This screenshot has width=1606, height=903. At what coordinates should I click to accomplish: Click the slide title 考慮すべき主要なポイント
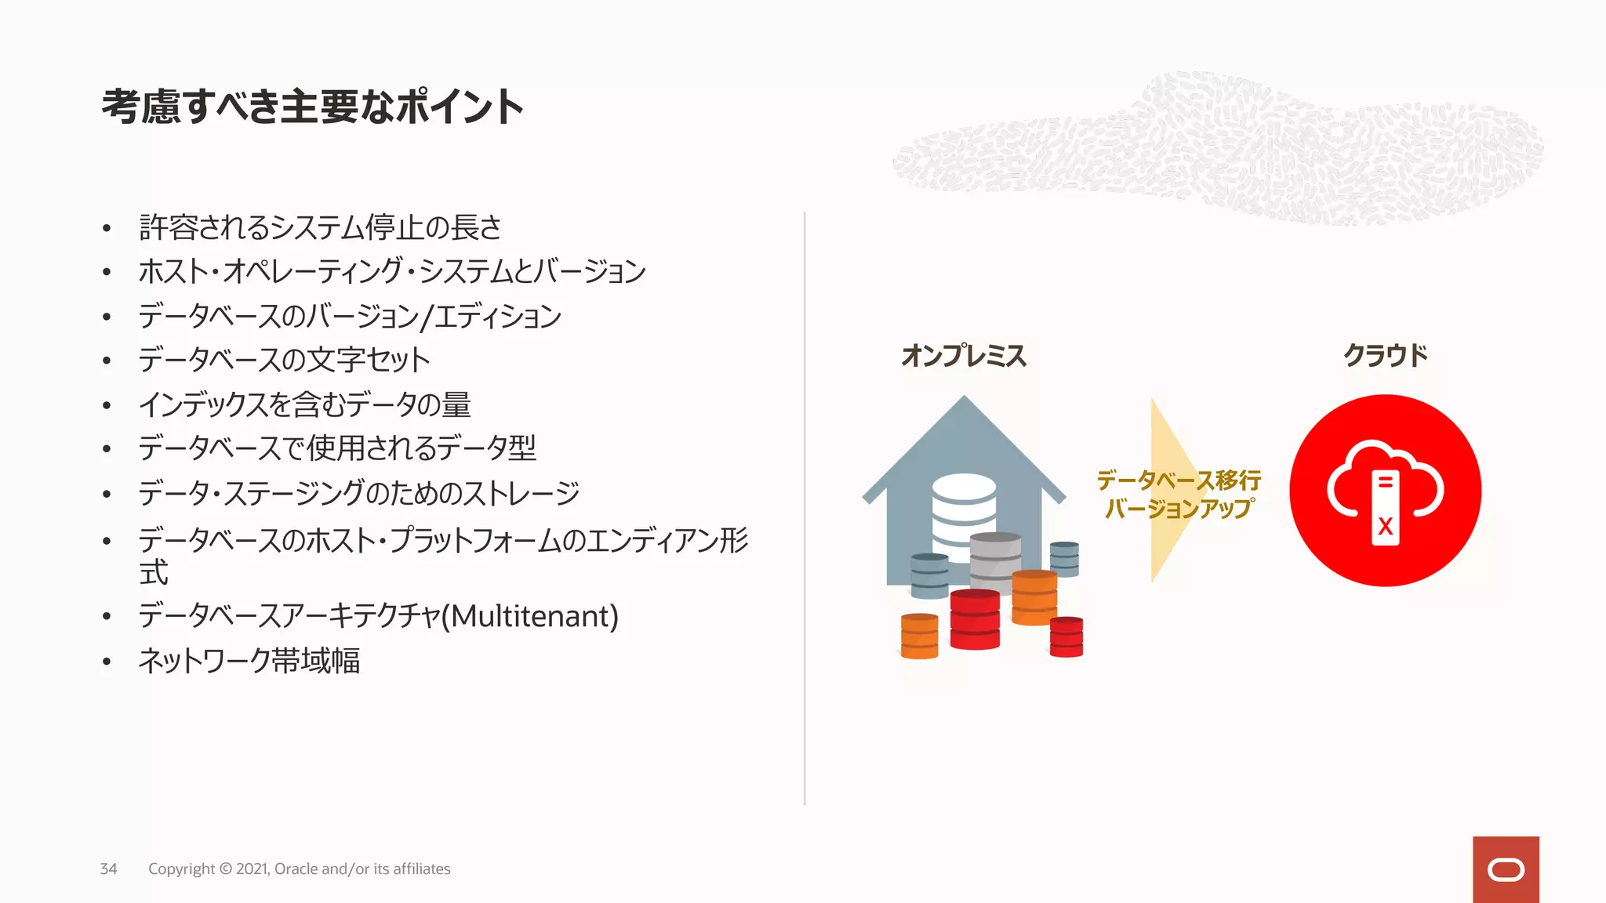click(x=312, y=107)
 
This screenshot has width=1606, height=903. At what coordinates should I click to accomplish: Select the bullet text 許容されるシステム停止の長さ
click(x=320, y=227)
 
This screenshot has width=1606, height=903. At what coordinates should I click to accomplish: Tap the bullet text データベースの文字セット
click(x=284, y=360)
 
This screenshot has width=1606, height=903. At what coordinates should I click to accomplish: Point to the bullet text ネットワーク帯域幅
click(x=249, y=661)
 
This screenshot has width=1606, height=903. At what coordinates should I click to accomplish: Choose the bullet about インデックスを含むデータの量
click(x=304, y=404)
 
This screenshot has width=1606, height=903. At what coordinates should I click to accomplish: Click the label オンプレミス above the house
click(x=964, y=356)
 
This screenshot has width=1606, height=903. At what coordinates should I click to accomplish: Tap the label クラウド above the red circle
click(x=1386, y=356)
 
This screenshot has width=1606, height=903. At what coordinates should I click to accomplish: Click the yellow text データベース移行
click(x=1179, y=479)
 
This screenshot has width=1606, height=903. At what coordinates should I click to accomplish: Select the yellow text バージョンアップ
click(x=1179, y=509)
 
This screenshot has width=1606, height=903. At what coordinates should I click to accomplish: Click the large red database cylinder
click(x=975, y=619)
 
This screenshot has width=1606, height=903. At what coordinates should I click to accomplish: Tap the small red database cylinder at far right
click(x=1066, y=636)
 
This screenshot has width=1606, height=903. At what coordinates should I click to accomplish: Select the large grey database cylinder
click(x=995, y=560)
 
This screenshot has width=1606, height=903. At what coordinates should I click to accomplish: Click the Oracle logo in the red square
click(x=1506, y=870)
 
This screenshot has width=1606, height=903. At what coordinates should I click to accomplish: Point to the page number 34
click(x=108, y=869)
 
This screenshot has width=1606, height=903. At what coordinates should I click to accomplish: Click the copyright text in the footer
click(x=300, y=869)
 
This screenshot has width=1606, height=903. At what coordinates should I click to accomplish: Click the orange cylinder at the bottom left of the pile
click(x=920, y=636)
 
